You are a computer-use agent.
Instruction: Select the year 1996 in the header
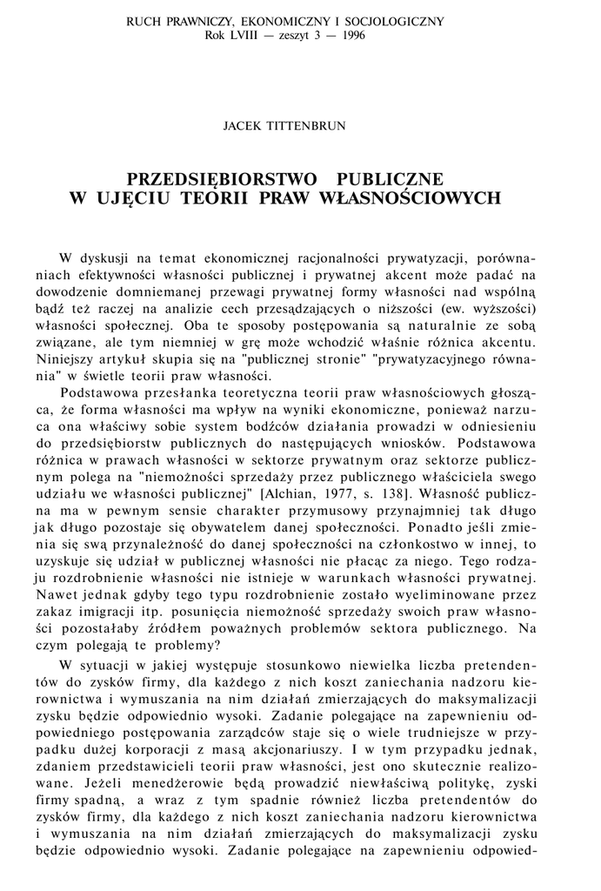[x=351, y=36]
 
